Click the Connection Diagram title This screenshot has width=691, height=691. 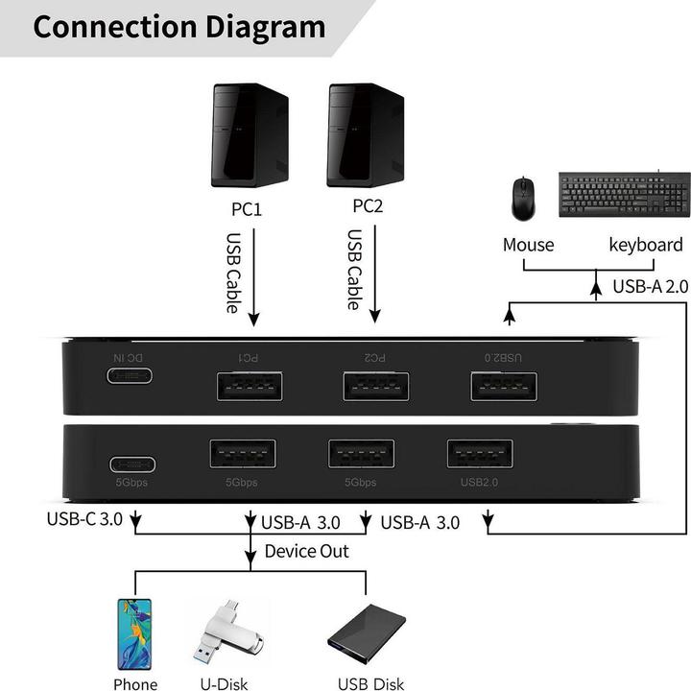pos(179,26)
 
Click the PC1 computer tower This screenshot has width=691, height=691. pos(250,135)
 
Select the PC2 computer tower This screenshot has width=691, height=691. pos(366,135)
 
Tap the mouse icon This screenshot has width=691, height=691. pos(522,197)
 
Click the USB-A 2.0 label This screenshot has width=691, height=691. pos(650,285)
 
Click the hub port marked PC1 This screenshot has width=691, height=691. pos(250,386)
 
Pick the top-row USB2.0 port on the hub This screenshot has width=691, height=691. pos(504,386)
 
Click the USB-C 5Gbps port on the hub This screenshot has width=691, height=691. pos(133,465)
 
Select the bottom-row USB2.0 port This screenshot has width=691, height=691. pos(479,454)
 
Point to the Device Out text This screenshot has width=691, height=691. pos(307,551)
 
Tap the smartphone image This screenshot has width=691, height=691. pos(135,634)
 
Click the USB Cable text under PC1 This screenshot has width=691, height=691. pos(233,273)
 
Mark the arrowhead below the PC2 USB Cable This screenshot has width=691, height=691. pos(375,317)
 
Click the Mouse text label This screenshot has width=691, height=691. pos(528,245)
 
